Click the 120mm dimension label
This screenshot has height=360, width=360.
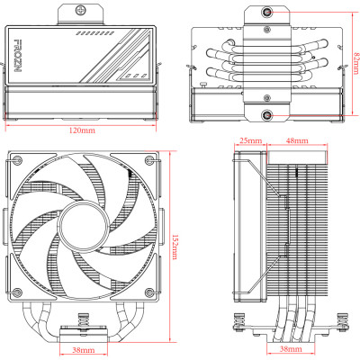point(82,130)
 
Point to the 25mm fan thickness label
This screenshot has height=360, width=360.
point(250,141)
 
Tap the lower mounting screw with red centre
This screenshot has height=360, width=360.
point(267,115)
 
